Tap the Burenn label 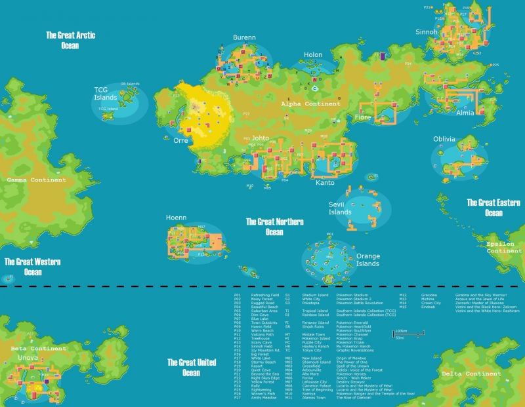(244, 38)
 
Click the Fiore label (363, 117)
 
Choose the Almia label (465, 113)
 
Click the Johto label (261, 138)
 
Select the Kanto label (325, 182)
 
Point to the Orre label (181, 140)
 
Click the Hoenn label (176, 217)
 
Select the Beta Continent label (39, 349)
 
